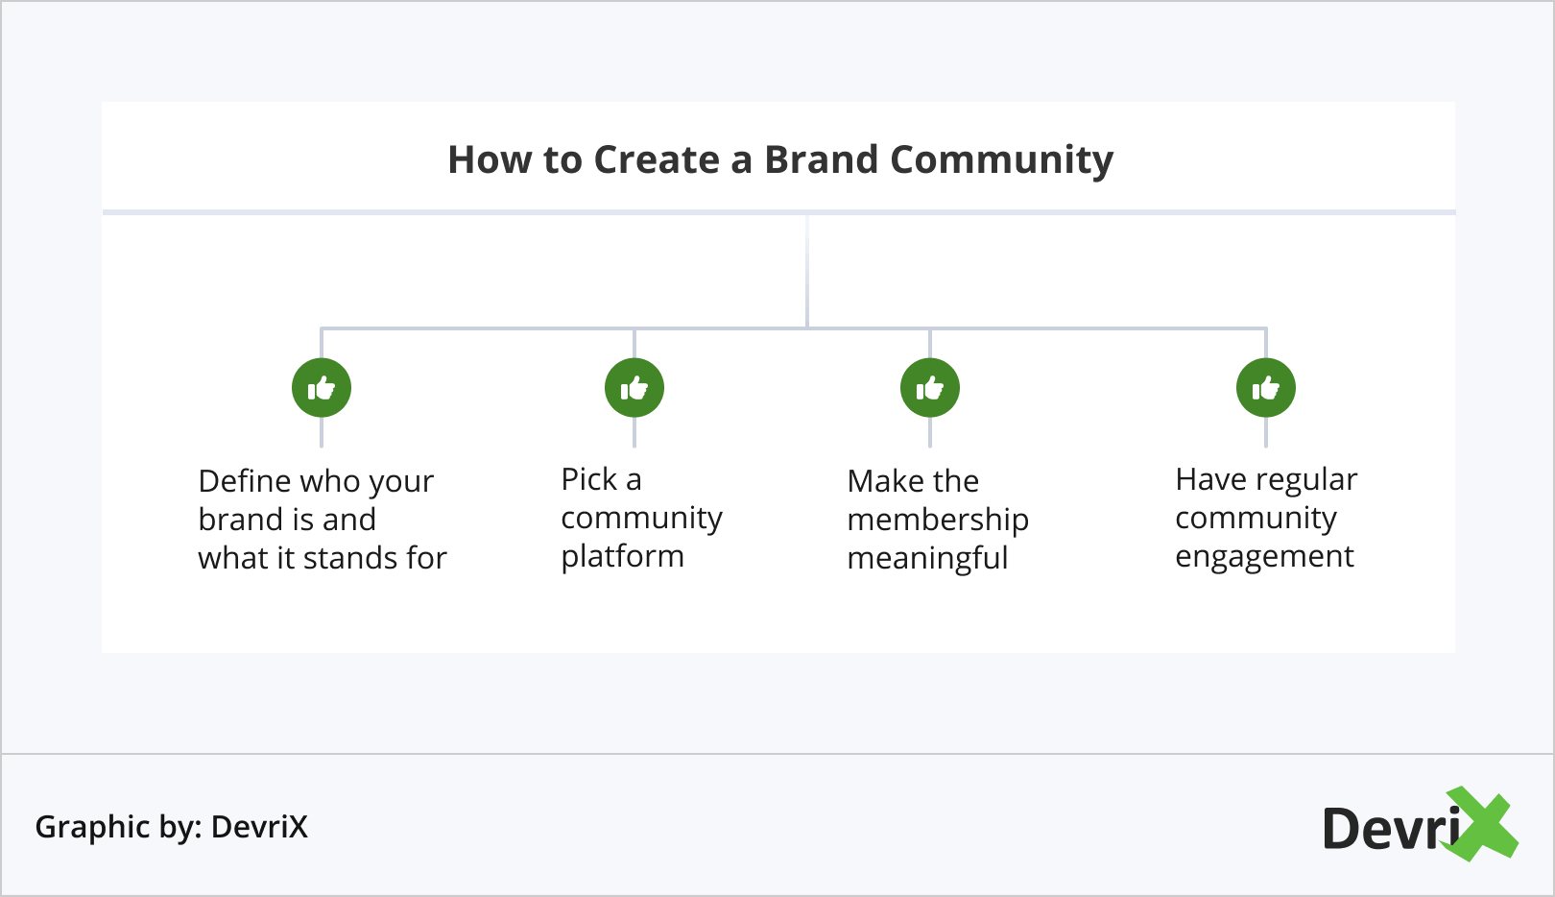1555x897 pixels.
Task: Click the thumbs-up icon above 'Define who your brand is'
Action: pos(322,388)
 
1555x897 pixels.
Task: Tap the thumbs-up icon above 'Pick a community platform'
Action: pos(634,388)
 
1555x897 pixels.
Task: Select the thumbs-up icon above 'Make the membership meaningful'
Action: pos(930,388)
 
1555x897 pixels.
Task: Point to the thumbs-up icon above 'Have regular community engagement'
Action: pos(1266,388)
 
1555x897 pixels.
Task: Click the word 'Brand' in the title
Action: pos(821,159)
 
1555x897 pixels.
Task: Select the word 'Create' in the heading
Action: pos(657,159)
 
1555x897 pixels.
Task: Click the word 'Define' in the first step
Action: pos(244,480)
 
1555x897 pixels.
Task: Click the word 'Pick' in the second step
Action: pos(588,479)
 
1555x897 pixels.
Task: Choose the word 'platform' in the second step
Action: pos(622,557)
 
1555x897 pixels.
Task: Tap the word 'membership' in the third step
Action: pos(938,520)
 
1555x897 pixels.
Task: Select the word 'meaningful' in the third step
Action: pos(927,558)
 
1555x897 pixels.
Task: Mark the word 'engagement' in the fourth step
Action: pos(1264,557)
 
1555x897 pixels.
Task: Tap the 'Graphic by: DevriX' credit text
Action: pos(171,827)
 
